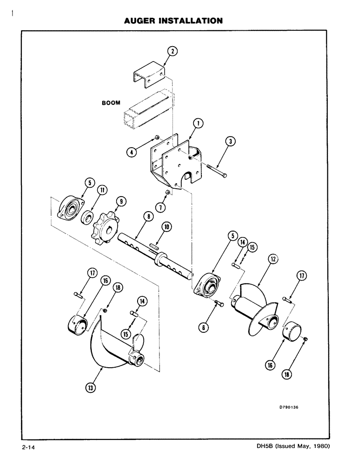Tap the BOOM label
click(111, 104)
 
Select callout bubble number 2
click(172, 52)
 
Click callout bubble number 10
click(166, 227)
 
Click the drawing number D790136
click(289, 406)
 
